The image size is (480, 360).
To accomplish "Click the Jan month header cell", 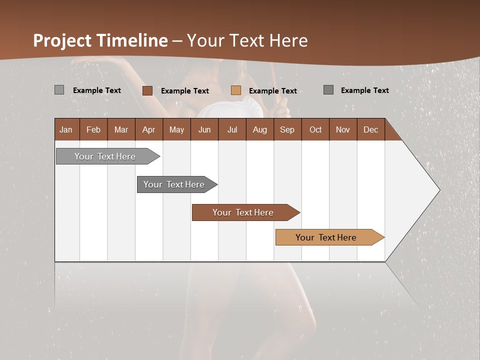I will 66,129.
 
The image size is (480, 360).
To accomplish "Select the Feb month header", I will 93,129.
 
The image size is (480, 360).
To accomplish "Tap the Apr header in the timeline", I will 149,129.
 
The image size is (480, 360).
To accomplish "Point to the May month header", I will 176,129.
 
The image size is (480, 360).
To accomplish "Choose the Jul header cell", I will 232,129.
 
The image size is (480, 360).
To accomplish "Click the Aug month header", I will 260,129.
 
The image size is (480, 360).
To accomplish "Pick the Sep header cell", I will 287,129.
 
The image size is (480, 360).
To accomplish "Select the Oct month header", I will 315,129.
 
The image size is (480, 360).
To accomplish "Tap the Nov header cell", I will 343,129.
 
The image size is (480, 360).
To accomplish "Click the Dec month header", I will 371,129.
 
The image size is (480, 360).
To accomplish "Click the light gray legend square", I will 59,90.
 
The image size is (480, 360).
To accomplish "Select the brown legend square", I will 147,90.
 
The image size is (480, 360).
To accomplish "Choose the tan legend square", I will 236,90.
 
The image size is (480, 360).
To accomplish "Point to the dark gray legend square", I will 328,90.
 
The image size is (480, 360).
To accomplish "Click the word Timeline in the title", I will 132,40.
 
